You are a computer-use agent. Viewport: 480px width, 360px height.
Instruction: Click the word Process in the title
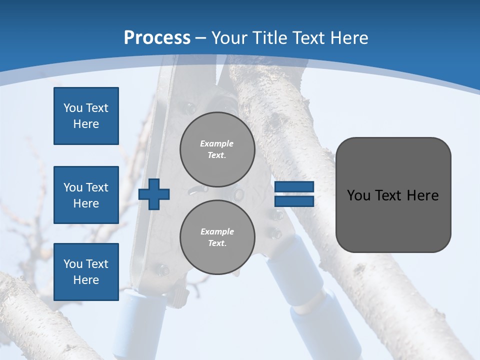pos(157,38)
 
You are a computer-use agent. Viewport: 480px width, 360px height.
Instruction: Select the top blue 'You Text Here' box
pos(86,116)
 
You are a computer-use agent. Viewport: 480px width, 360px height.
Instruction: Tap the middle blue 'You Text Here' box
pos(86,195)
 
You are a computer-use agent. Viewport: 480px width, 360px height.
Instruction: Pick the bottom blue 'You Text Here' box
pos(86,271)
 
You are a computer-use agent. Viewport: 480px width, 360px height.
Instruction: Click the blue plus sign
pos(154,194)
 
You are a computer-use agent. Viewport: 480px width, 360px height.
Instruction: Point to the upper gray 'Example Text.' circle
pos(217,149)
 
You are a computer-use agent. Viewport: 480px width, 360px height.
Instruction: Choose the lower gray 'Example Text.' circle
pos(217,237)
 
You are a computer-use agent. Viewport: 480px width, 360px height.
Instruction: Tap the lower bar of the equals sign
pos(294,201)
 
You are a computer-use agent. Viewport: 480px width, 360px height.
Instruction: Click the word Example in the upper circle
pos(217,143)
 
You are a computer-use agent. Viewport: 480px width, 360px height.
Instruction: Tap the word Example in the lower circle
pos(217,231)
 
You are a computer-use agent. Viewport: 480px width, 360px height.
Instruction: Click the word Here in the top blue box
pos(86,124)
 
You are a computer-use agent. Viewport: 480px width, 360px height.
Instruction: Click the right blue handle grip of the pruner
pos(315,305)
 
